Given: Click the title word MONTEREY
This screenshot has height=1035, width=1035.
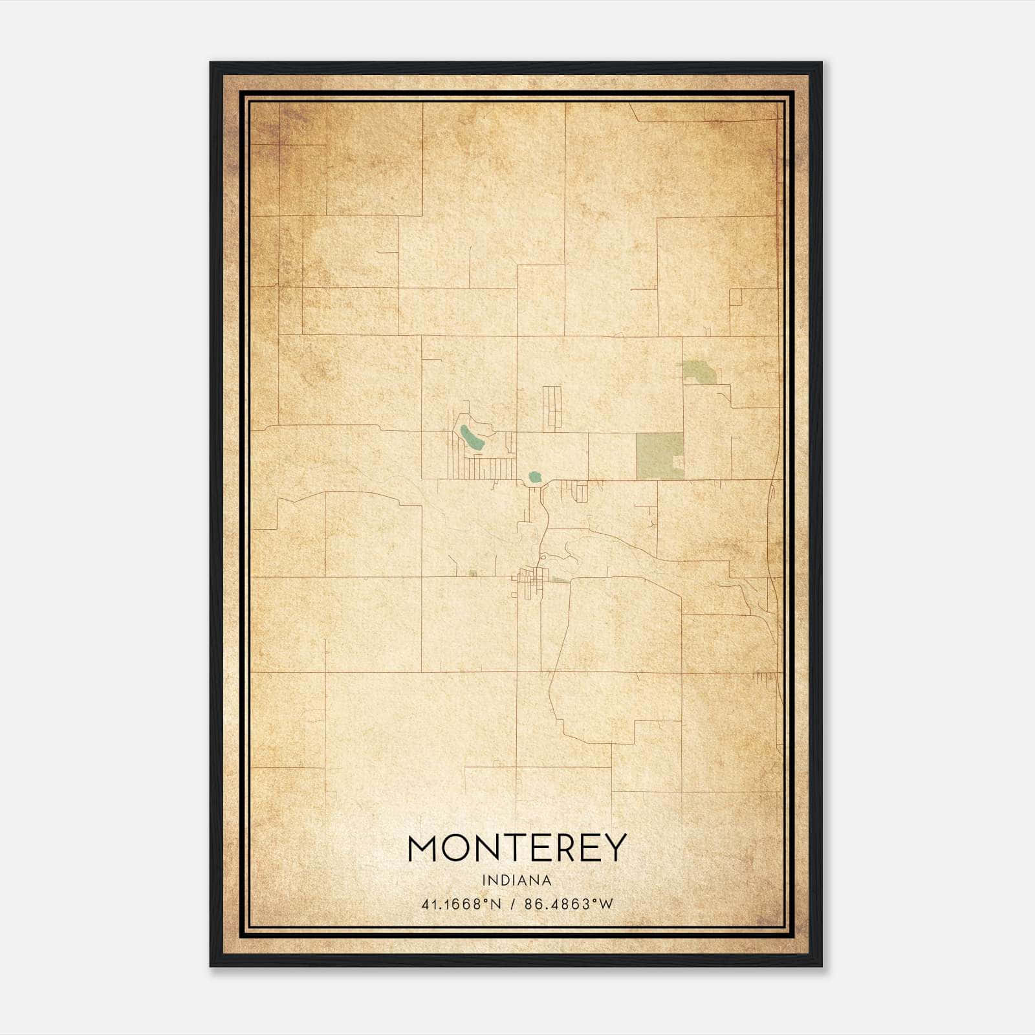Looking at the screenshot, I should click(517, 847).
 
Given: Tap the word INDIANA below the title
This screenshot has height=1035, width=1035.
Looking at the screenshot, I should click(517, 880).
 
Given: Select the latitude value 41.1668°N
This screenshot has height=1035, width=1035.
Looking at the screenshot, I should click(461, 904).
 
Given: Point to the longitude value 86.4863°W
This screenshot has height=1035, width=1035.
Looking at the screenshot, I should click(568, 904).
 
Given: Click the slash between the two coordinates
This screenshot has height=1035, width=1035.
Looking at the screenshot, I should click(513, 904).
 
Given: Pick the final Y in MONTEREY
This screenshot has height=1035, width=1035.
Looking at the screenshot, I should click(615, 847).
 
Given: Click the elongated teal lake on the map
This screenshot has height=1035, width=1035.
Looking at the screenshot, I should click(471, 439).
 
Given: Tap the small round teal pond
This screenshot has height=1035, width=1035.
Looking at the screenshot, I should click(534, 477).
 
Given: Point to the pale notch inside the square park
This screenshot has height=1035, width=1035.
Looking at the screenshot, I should click(679, 462).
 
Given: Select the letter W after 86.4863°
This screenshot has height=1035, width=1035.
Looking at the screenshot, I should click(605, 904).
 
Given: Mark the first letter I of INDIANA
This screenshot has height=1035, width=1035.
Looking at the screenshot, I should click(484, 880).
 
